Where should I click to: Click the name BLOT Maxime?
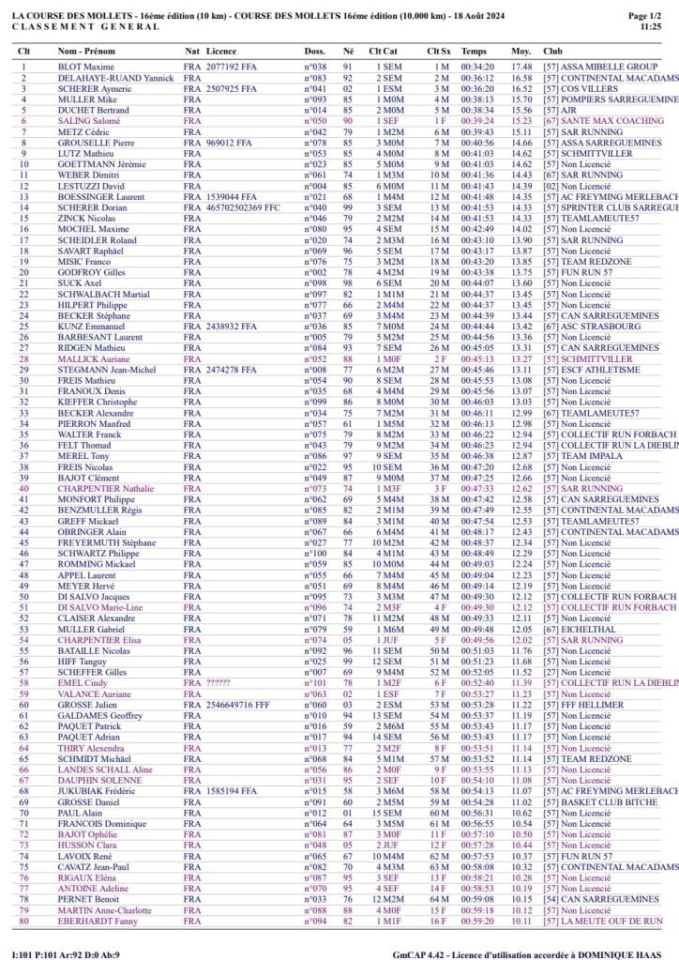click(85, 68)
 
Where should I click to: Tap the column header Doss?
click(315, 51)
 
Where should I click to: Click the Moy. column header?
click(521, 51)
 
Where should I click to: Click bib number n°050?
click(315, 121)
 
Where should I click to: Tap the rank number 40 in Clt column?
click(23, 489)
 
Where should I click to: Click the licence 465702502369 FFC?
click(243, 207)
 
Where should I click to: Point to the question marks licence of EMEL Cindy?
click(218, 683)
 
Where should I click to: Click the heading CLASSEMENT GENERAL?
click(72, 27)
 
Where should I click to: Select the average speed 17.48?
click(521, 68)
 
